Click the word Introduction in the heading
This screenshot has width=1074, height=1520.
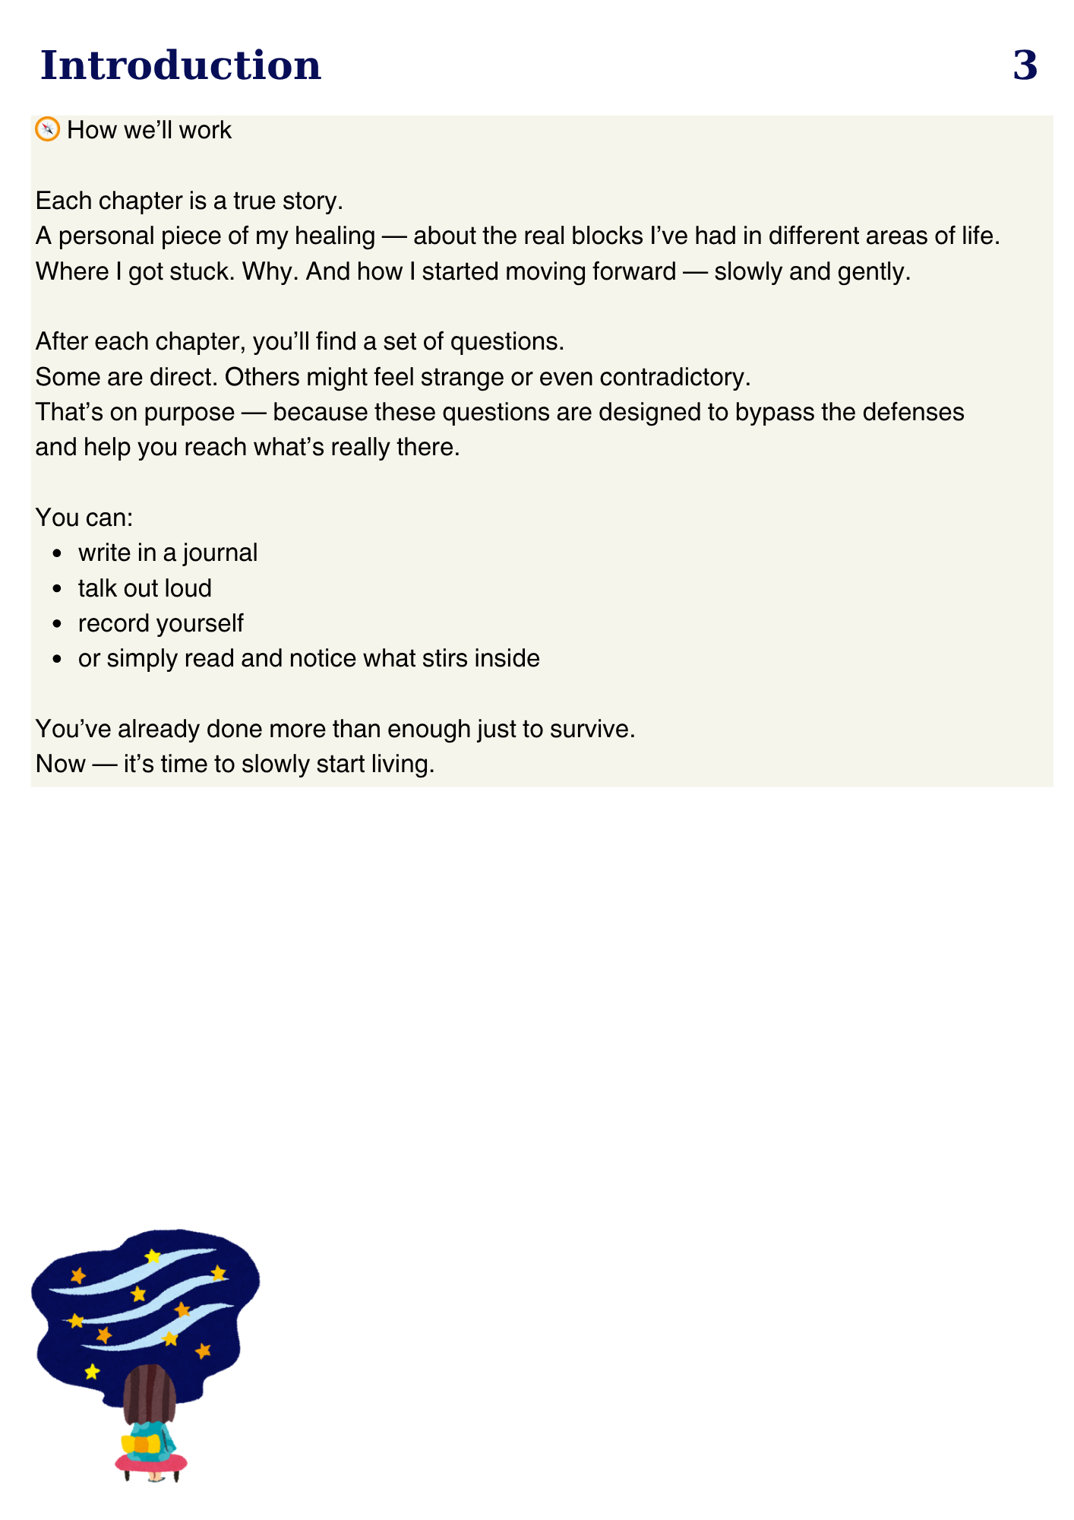click(181, 65)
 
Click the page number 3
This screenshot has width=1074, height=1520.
click(1025, 65)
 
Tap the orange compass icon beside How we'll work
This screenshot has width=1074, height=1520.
click(48, 129)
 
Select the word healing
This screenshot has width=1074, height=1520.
click(335, 236)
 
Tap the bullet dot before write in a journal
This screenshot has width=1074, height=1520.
click(57, 554)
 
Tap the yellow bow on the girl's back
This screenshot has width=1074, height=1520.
click(141, 1442)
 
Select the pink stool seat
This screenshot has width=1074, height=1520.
click(152, 1461)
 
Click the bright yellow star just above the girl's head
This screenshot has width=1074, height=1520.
click(92, 1371)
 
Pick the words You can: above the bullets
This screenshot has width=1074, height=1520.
click(84, 518)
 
